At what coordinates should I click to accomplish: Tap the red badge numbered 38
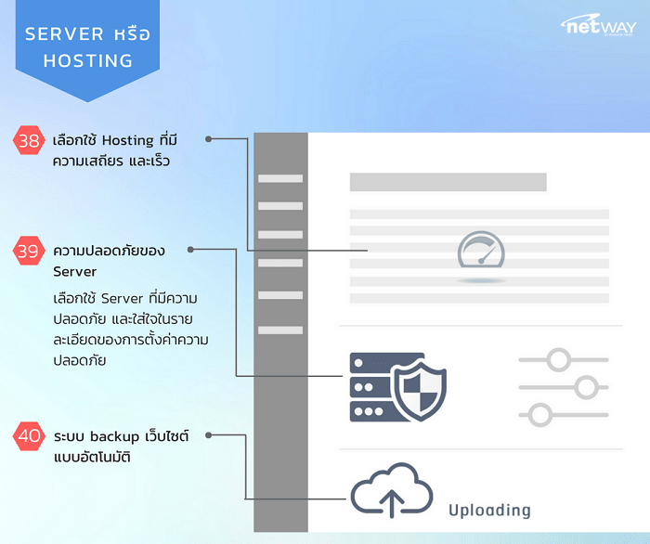[x=29, y=141]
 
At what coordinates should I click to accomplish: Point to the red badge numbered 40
[x=29, y=435]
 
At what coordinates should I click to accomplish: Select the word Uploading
[x=489, y=510]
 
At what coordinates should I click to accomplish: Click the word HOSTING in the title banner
[x=87, y=60]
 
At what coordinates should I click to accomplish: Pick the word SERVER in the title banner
[x=63, y=33]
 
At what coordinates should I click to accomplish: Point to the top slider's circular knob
[x=558, y=358]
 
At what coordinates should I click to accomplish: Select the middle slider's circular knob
[x=585, y=385]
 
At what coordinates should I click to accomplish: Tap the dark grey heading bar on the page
[x=448, y=182]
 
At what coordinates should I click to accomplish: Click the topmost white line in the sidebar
[x=279, y=178]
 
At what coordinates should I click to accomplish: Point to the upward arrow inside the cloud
[x=391, y=502]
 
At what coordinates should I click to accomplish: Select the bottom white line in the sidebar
[x=279, y=330]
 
